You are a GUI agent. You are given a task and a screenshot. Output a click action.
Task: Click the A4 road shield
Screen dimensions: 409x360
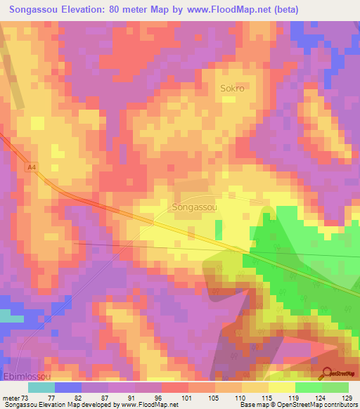[31, 167]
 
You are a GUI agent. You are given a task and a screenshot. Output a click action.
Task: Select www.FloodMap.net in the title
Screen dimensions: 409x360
[226, 10]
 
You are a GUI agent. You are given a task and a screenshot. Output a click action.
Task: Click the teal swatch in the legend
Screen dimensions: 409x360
[41, 387]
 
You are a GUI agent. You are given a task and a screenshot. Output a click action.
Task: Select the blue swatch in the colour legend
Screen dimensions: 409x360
[68, 387]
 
